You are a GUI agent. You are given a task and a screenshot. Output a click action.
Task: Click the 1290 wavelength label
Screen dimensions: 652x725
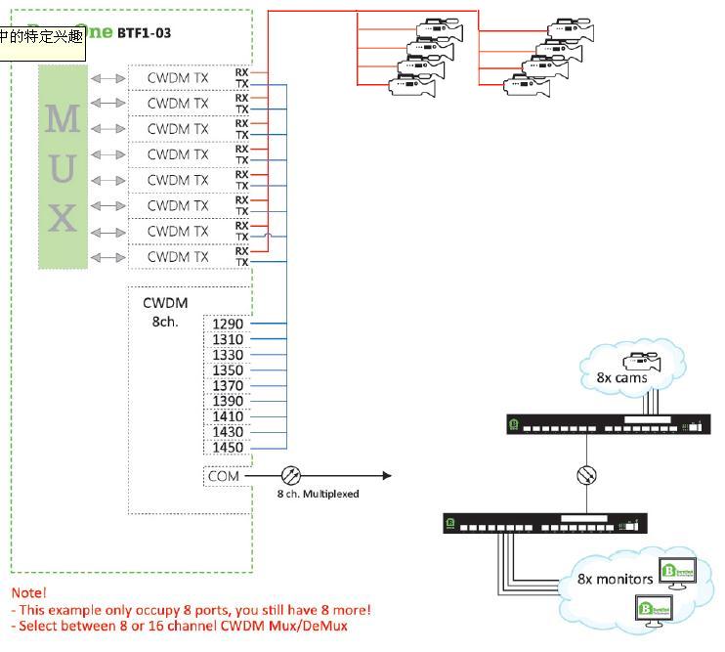[x=228, y=324]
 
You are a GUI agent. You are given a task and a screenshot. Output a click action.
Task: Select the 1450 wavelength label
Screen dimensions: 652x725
[x=228, y=448]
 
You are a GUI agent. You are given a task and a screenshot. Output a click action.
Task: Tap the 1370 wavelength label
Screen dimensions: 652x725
[x=228, y=386]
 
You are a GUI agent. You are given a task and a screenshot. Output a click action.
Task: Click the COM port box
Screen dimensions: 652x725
[x=223, y=476]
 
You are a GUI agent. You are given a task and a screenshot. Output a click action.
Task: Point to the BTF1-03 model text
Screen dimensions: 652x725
[x=145, y=33]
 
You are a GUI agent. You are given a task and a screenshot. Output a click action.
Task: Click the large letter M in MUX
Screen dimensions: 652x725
[x=63, y=118]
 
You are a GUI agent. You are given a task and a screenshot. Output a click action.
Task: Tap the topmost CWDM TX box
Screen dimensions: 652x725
[x=178, y=77]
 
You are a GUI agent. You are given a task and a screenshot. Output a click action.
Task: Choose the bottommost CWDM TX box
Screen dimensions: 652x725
[x=178, y=257]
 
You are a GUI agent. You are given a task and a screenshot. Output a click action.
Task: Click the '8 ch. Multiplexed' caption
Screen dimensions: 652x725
[x=318, y=495]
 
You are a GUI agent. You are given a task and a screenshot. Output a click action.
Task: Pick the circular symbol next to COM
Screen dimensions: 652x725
[x=291, y=476]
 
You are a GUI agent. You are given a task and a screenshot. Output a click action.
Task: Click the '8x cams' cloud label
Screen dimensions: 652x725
[x=621, y=377]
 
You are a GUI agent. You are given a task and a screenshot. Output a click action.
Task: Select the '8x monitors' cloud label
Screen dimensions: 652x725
[x=615, y=579]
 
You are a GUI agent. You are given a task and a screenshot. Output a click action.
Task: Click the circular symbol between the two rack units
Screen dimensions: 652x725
[x=586, y=476]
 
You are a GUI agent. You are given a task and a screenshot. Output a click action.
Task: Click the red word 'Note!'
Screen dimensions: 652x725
[x=29, y=592]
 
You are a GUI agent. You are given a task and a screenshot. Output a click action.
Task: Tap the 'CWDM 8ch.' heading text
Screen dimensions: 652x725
[x=163, y=311]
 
